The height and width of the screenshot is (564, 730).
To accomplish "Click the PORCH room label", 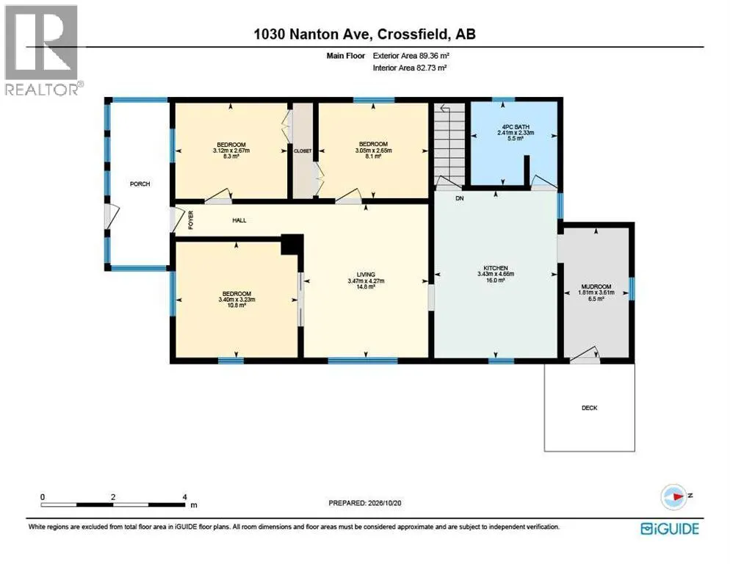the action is (x=140, y=184).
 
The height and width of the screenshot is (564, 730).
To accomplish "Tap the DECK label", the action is (x=590, y=408).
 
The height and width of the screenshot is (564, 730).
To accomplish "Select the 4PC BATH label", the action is (x=516, y=126).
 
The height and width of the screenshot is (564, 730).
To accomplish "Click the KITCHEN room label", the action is (x=495, y=268).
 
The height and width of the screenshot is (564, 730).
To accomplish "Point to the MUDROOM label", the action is (x=596, y=286).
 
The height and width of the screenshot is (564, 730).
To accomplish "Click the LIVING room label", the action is (x=366, y=275).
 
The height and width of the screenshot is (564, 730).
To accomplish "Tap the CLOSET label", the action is (x=303, y=151).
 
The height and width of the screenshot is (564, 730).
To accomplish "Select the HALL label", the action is (x=239, y=220).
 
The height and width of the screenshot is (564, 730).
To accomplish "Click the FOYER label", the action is (x=190, y=220).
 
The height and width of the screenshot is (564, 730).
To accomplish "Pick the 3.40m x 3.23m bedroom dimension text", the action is (x=236, y=300).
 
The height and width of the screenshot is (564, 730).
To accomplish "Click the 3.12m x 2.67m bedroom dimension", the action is (x=231, y=151).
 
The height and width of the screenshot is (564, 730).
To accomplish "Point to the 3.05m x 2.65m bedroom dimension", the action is (x=373, y=151).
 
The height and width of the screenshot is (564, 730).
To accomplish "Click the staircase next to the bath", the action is (x=449, y=144).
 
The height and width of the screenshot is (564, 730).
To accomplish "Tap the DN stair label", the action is (x=460, y=198).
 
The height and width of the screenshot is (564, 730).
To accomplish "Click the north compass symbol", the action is (x=674, y=496).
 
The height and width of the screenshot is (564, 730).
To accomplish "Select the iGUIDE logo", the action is (x=670, y=529).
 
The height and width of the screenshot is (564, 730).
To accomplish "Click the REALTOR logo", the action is (x=43, y=50).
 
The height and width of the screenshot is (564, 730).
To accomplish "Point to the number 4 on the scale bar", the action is (x=185, y=497).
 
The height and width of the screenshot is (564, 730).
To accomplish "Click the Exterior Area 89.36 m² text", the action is (x=411, y=56).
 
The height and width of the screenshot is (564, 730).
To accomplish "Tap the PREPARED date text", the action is (x=365, y=503).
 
